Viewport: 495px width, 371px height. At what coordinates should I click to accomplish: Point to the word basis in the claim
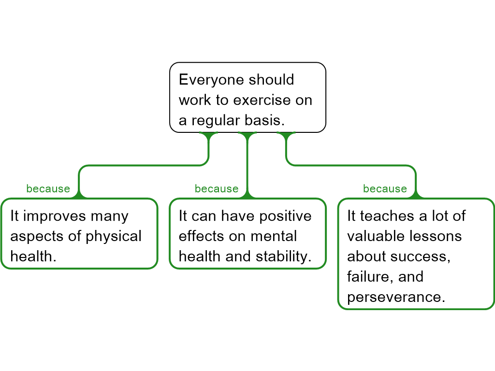point(266,120)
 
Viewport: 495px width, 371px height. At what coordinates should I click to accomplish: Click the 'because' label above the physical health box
point(48,189)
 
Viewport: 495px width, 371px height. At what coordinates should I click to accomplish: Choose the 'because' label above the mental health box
point(217,189)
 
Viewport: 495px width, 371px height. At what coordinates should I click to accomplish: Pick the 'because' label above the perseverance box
point(385,189)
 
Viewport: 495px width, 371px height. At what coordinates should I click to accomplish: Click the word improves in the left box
point(54,216)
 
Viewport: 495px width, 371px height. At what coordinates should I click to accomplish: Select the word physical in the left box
point(114,236)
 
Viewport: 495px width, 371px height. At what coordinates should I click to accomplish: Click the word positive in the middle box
point(285,216)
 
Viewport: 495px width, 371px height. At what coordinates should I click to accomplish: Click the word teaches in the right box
point(386,216)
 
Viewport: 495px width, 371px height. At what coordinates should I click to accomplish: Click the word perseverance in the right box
point(395,297)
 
